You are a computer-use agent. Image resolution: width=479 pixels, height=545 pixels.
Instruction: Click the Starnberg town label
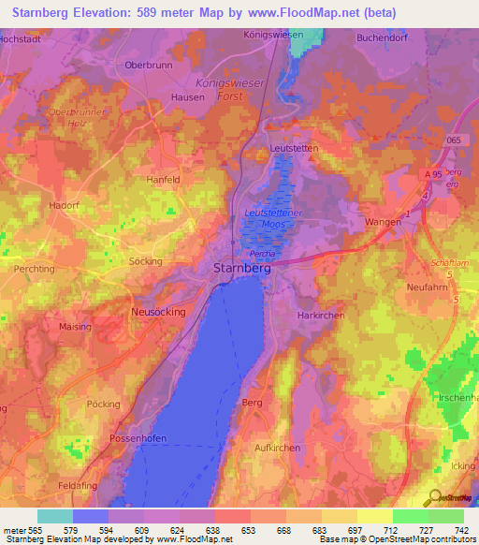[236, 268]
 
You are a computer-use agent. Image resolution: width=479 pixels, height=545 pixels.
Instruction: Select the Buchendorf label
[384, 38]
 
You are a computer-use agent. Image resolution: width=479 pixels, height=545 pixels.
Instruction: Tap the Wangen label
[383, 221]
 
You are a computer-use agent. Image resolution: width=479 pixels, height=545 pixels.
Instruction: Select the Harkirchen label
[321, 316]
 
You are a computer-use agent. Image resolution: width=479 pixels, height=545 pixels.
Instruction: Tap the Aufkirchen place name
[278, 449]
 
